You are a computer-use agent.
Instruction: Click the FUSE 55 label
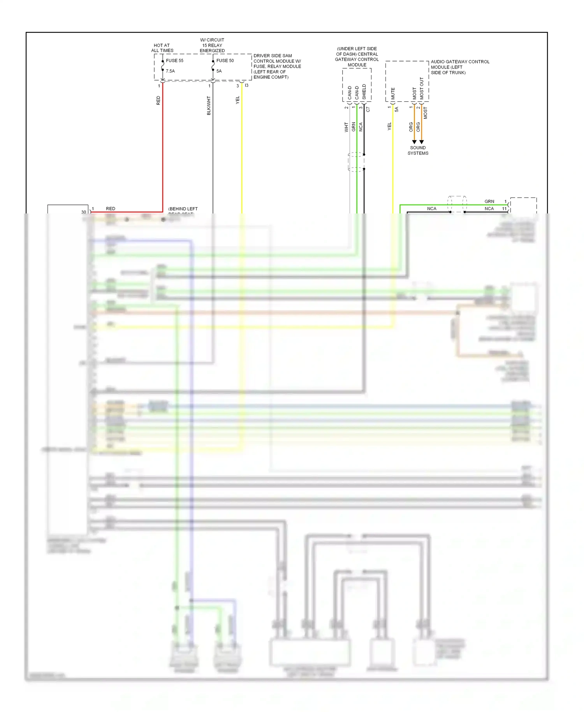(x=174, y=61)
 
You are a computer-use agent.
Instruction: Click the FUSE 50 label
(x=225, y=61)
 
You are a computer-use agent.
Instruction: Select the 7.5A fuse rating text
(x=170, y=71)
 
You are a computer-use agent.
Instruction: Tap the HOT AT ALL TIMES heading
(x=162, y=48)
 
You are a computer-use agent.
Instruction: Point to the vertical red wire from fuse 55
(x=163, y=148)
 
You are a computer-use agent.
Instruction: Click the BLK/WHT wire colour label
(x=209, y=106)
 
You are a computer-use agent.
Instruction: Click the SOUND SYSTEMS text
(x=418, y=150)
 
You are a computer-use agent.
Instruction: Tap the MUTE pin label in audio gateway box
(x=393, y=93)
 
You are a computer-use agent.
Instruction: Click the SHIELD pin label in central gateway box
(x=364, y=92)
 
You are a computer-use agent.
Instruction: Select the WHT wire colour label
(x=346, y=127)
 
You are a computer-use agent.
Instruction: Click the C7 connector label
(x=368, y=109)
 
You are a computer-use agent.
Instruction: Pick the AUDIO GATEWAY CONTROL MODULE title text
(x=459, y=67)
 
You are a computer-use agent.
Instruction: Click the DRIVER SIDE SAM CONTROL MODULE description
(x=277, y=67)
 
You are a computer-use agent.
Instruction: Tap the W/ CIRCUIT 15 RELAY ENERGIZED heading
(x=212, y=45)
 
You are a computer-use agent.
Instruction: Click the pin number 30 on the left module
(x=84, y=212)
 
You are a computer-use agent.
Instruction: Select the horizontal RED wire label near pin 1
(x=111, y=209)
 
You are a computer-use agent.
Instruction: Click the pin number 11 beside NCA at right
(x=504, y=209)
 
